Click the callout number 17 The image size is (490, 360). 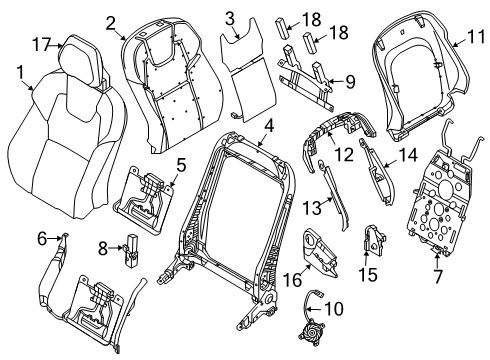pos(41,44)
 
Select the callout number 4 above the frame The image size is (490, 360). pos(269,127)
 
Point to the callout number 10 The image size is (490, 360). pos(334,309)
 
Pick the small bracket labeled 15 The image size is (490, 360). pos(374,238)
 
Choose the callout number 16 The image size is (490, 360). pos(292,279)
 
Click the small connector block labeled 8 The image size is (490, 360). pos(131,250)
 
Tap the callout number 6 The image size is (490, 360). pos(42,239)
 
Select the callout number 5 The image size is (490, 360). pos(181,166)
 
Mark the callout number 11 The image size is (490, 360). pos(476,37)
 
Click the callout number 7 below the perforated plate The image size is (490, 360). pos(437,277)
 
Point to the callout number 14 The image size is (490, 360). pos(408,155)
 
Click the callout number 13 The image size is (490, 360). pos(312,208)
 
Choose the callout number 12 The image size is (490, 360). pos(344,155)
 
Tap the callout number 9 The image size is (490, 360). pos(350,82)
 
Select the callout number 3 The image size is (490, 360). pos(230,19)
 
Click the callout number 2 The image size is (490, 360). pos(111,23)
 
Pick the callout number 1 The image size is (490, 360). pos(21,72)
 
